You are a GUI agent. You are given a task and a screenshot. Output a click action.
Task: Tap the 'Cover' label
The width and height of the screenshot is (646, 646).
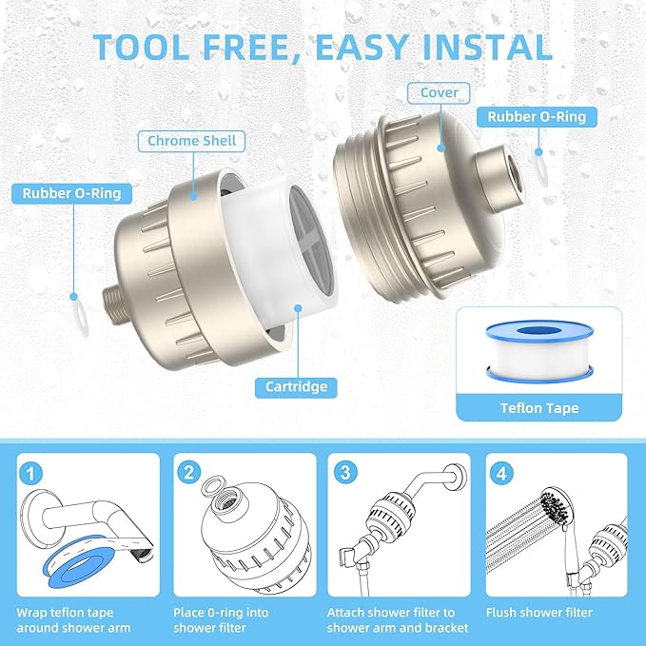click(439, 93)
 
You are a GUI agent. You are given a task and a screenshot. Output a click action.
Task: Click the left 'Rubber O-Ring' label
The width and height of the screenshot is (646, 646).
click(72, 194)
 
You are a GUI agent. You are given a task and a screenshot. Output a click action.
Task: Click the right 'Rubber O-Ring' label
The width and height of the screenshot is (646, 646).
click(542, 117)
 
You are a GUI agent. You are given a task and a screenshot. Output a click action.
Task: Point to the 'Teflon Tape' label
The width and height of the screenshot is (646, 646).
click(538, 408)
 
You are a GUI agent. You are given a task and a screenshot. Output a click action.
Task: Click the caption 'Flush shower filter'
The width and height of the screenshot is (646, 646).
click(538, 613)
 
